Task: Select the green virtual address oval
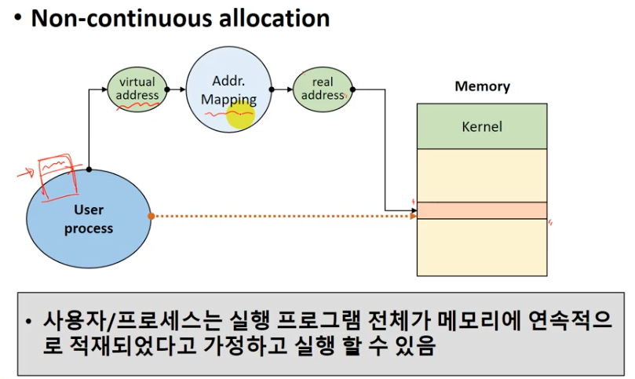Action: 137,89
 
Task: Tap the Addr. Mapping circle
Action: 228,89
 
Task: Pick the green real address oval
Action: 322,89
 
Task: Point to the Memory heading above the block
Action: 482,86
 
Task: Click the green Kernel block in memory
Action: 482,126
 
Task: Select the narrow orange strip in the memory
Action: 482,210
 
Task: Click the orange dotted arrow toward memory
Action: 283,215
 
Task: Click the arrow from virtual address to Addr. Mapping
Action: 175,89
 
